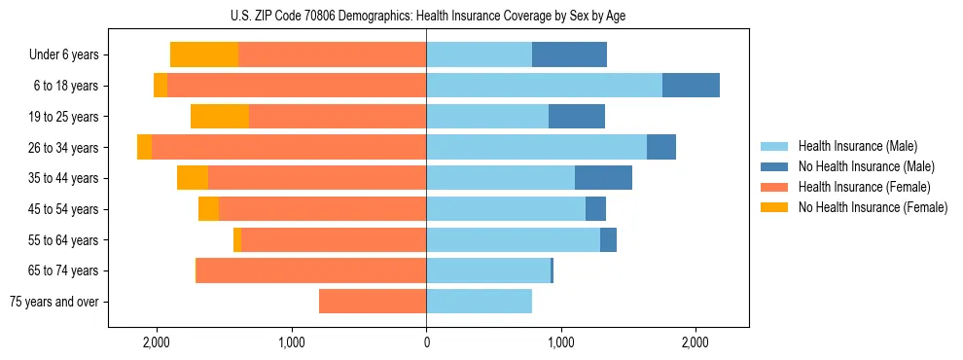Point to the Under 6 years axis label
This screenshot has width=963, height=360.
[63, 54]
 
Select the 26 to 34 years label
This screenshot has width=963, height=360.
[65, 148]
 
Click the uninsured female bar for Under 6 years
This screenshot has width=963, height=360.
[204, 54]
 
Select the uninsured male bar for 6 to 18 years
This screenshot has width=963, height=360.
[691, 86]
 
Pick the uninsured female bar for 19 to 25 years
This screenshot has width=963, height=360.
[220, 117]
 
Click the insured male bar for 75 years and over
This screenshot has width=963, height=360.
[479, 302]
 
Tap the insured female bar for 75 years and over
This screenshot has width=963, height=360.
[373, 302]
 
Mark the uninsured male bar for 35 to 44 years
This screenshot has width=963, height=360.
[603, 178]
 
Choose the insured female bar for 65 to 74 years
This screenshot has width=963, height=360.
[311, 270]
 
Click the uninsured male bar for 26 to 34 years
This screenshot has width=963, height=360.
[661, 147]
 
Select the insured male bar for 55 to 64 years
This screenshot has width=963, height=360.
[513, 239]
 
